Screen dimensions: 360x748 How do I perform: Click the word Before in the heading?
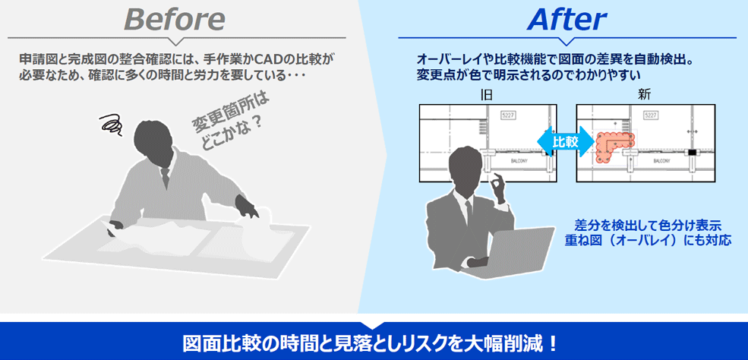175,19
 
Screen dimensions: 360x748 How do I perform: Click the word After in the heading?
567,19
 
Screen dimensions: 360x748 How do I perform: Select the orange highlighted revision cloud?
612,145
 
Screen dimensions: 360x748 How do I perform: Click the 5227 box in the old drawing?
507,114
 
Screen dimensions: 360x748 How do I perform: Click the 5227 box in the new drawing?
650,114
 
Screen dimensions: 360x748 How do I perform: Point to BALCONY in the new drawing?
660,161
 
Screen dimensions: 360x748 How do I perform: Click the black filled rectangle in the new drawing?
692,153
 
